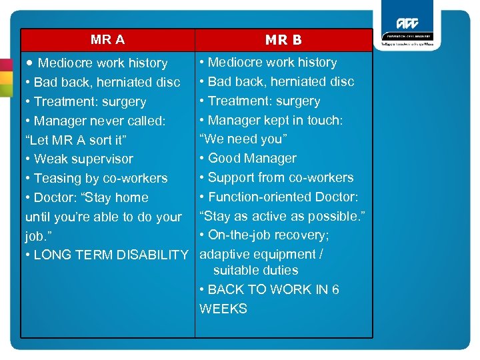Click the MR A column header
click(107, 40)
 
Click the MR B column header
click(283, 40)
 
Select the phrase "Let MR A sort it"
click(75, 140)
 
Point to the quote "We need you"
click(243, 139)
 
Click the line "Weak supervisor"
click(79, 159)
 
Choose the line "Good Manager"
click(248, 159)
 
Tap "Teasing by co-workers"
click(96, 179)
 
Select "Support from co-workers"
click(276, 178)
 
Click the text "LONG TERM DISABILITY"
click(107, 255)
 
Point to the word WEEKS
click(223, 309)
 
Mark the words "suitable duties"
click(255, 271)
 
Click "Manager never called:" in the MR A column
click(95, 121)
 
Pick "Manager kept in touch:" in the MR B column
click(271, 121)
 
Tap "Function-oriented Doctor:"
click(279, 197)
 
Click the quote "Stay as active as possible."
click(281, 217)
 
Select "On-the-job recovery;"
click(265, 235)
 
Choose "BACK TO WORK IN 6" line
click(269, 290)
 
